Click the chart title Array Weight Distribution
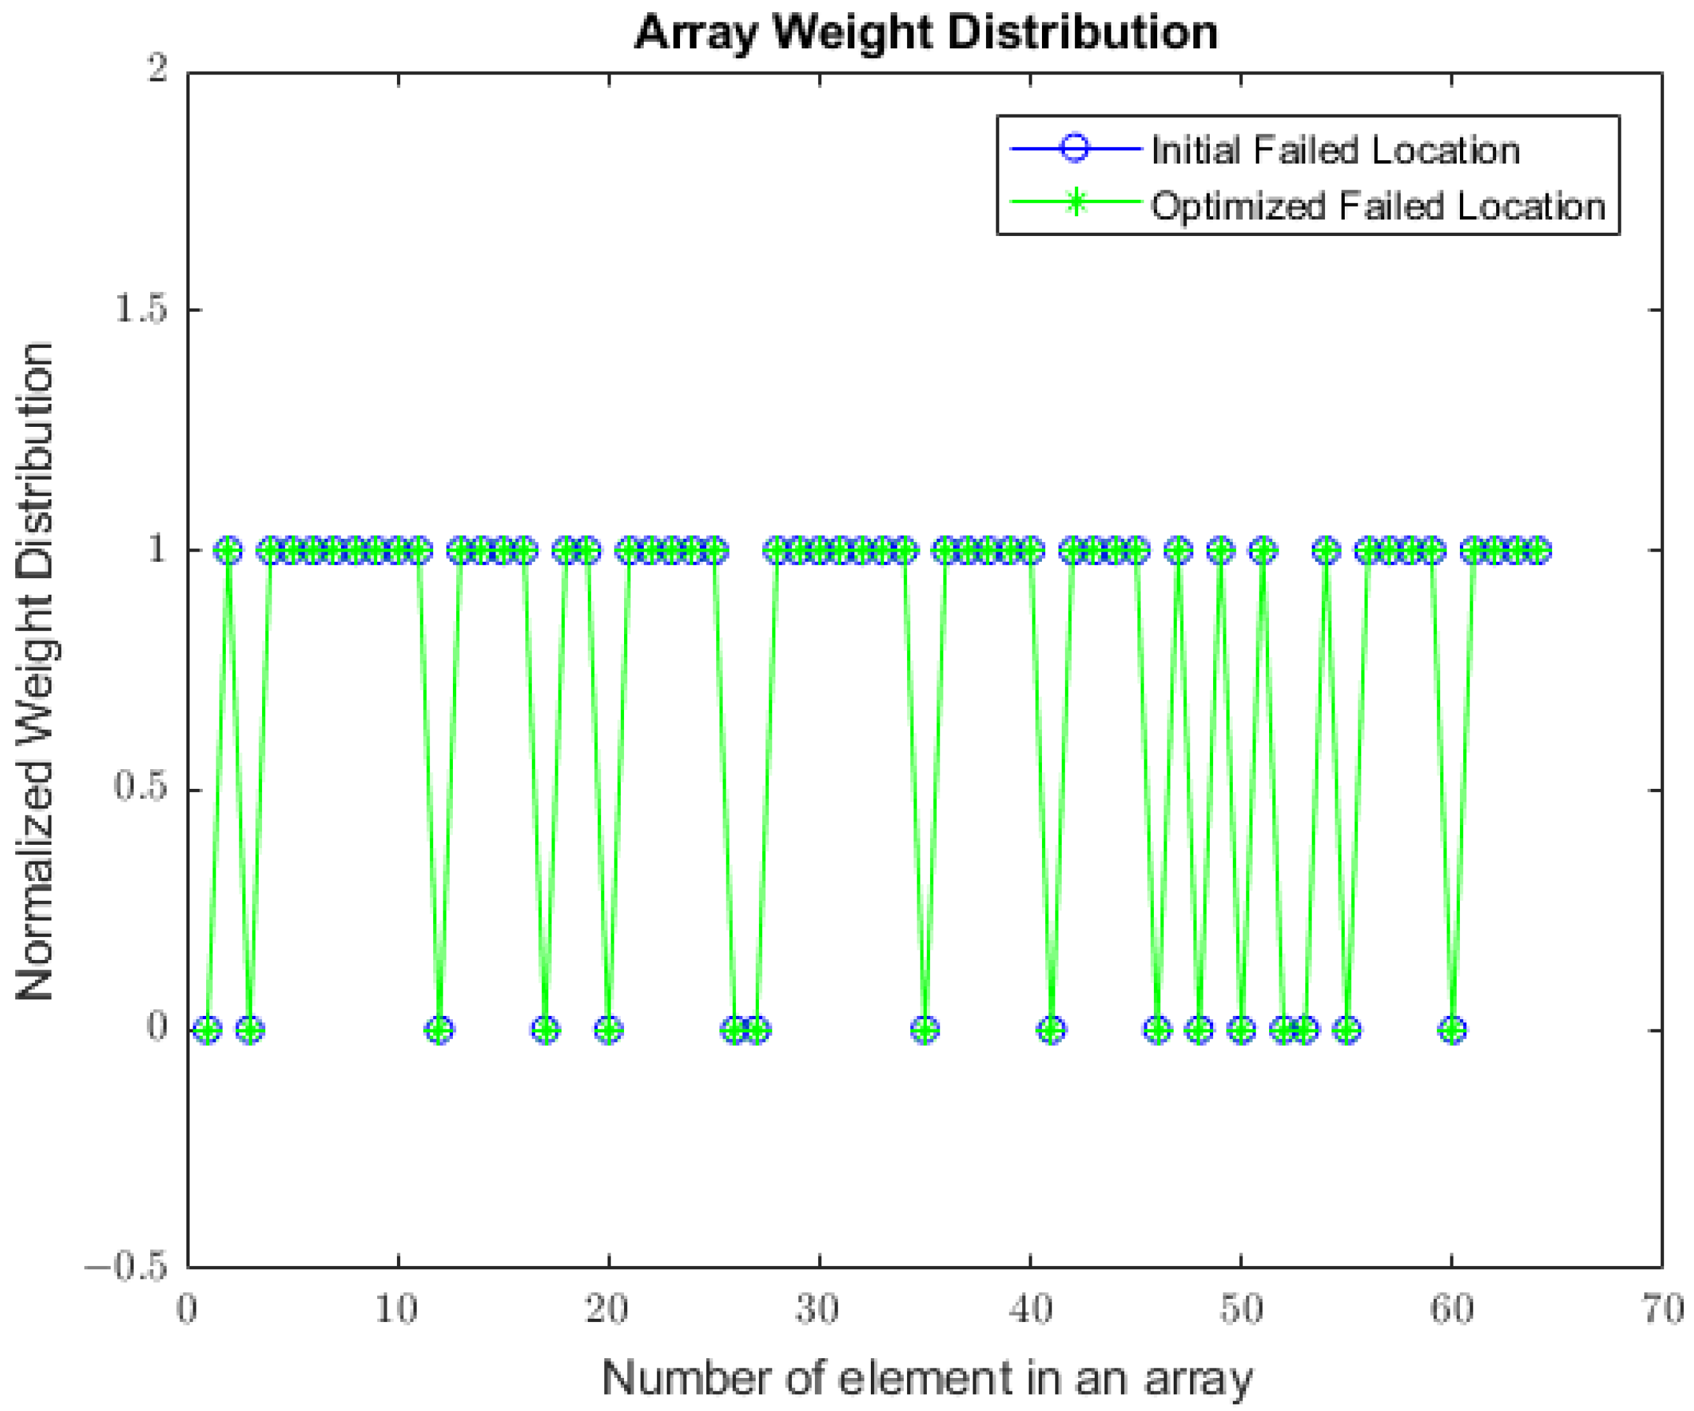[x=926, y=32]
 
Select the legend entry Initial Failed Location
[x=1335, y=150]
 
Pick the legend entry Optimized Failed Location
[x=1378, y=205]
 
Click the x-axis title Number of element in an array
[x=927, y=1378]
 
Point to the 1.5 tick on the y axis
[x=141, y=309]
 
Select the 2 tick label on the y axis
[x=156, y=69]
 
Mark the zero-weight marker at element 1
[x=208, y=1030]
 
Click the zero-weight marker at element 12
[x=440, y=1030]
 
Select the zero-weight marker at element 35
[x=926, y=1030]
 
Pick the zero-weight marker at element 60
[x=1453, y=1030]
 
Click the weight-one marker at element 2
[x=229, y=551]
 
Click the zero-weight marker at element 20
[x=609, y=1030]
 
